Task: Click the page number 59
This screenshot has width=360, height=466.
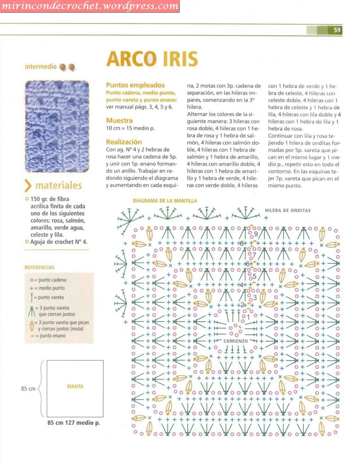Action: pos(337,30)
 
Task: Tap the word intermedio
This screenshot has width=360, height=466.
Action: pos(41,67)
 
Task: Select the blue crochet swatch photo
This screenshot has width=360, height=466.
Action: pos(57,127)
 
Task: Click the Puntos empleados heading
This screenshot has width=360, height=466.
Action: pos(135,85)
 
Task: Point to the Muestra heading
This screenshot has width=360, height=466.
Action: pos(119,121)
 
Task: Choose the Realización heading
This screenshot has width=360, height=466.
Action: pos(124,142)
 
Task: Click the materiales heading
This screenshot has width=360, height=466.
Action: pos(58,186)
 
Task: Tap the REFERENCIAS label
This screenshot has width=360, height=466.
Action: pos(39,267)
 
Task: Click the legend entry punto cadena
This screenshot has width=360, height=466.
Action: pos(52,280)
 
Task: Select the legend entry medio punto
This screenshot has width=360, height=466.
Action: pos(51,288)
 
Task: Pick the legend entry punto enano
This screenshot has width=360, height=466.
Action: pos(52,336)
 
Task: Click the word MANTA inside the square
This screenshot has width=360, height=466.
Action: pos(75,386)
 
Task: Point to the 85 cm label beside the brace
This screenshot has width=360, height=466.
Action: pos(28,389)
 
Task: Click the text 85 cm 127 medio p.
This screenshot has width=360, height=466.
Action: pos(74,423)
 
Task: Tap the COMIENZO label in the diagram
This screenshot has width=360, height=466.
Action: pos(235,341)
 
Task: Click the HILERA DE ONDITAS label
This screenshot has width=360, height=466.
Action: pos(288,210)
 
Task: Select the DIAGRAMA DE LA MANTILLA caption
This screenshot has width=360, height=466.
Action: pos(165,201)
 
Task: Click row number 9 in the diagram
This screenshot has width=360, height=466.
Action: pos(256,234)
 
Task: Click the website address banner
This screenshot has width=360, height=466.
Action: pos(90,6)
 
